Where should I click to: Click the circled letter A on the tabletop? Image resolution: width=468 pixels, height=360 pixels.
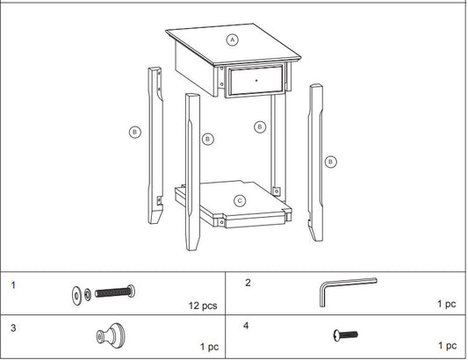tap(233, 40)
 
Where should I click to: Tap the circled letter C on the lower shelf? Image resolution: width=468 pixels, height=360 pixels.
tap(240, 201)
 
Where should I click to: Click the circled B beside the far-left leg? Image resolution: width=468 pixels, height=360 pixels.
tap(135, 132)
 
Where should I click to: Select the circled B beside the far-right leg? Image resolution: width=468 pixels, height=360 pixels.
tap(330, 162)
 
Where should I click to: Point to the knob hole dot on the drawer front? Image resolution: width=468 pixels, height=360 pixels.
tap(256, 80)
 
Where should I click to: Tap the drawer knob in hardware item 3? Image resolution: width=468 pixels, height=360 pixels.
tap(111, 335)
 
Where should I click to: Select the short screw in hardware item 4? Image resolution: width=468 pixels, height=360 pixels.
tap(345, 335)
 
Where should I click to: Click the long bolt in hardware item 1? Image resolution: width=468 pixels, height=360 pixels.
tap(115, 292)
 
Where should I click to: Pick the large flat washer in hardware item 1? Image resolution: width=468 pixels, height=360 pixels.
tap(76, 296)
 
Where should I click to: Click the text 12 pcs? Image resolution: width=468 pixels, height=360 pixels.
tap(203, 306)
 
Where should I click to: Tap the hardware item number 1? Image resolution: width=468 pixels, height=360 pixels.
tap(13, 285)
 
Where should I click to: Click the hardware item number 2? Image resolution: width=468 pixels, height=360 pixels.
tap(248, 283)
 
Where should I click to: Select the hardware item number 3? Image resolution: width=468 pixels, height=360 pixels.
tap(13, 328)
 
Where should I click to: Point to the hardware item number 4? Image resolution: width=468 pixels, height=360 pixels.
tap(246, 326)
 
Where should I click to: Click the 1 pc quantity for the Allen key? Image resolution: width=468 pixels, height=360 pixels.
tap(447, 304)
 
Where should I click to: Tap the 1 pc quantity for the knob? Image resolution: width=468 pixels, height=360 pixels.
tap(209, 347)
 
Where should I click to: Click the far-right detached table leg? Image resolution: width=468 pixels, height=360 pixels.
tap(315, 162)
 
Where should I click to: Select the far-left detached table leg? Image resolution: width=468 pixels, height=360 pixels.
tap(155, 146)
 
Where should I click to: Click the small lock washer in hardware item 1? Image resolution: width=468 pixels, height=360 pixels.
tap(88, 295)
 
